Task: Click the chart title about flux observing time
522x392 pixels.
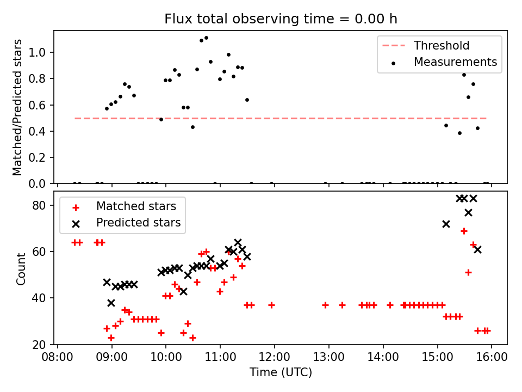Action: point(281,19)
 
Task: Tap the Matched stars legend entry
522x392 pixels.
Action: point(136,206)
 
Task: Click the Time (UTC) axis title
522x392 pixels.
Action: point(281,372)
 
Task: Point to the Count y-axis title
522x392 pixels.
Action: point(21,268)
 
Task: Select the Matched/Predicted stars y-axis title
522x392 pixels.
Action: point(18,107)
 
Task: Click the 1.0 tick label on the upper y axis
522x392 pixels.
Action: point(42,53)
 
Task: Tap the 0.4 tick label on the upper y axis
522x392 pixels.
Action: point(42,131)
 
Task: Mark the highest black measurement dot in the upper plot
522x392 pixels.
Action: point(206,38)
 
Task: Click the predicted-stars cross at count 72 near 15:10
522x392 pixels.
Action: point(446,224)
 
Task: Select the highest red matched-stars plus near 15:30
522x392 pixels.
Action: point(464,231)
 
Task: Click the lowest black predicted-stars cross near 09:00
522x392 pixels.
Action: point(111,303)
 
